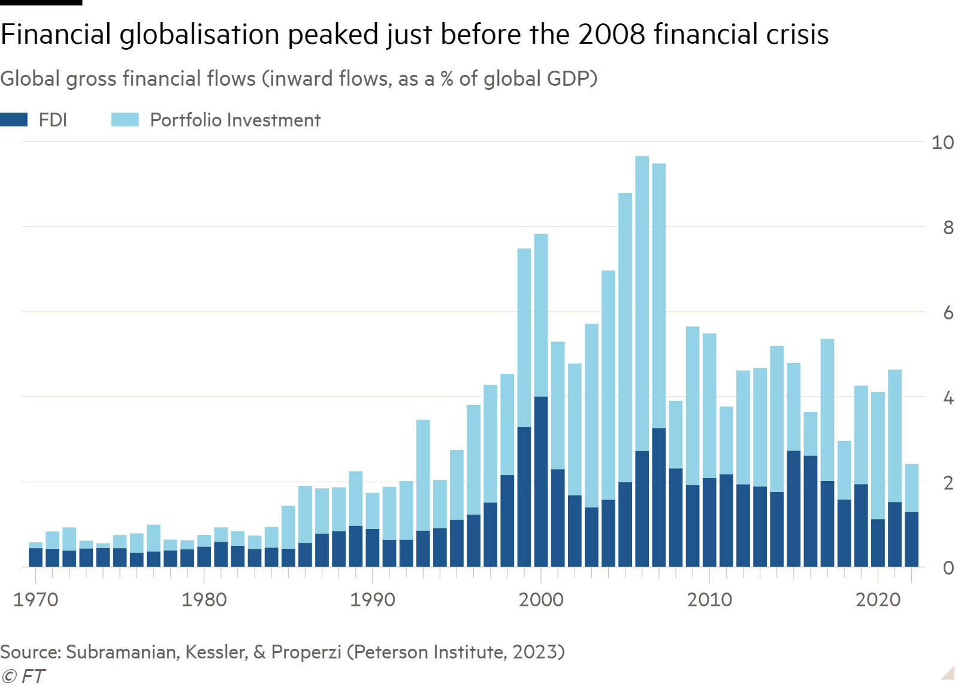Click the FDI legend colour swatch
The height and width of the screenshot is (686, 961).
[x=14, y=120]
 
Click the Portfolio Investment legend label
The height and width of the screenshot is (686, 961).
[x=235, y=120]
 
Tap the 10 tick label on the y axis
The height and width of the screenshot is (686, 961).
[x=942, y=143]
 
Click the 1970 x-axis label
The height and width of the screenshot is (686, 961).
[x=35, y=600]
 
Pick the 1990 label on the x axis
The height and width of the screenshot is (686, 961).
[x=373, y=600]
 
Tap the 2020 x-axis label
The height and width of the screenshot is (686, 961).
[x=878, y=600]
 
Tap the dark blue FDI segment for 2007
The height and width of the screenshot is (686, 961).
[x=659, y=497]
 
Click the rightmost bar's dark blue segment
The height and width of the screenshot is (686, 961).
[x=911, y=539]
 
